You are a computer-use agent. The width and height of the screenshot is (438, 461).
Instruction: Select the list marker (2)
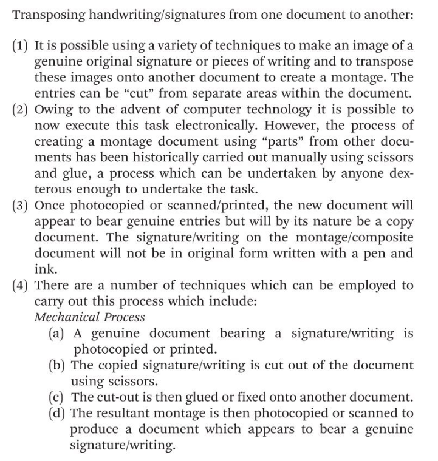pos(21,110)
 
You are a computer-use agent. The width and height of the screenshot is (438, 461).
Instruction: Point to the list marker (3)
pos(21,204)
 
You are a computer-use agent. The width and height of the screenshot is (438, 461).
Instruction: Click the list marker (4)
pos(21,285)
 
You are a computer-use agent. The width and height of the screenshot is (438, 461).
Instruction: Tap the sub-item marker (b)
pos(58,365)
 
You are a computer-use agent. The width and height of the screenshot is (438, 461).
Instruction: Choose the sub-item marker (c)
pos(58,397)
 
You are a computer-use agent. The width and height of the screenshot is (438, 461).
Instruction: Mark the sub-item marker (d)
pos(58,414)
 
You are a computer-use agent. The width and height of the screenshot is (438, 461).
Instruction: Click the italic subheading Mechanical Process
pos(90,317)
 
